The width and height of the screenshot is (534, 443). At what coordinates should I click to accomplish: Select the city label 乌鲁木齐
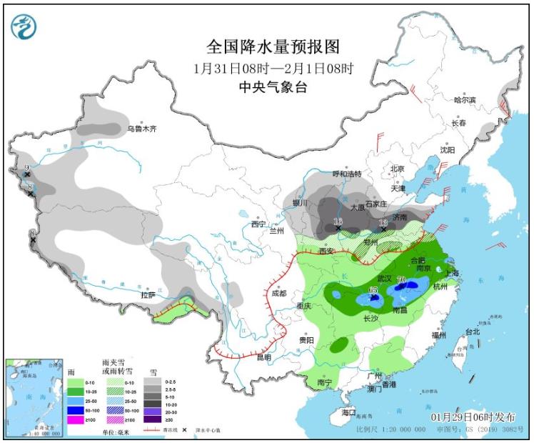click(141, 129)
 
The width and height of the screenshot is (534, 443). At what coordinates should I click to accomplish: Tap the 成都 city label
click(278, 293)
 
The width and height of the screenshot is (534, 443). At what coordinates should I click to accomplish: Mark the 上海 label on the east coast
click(451, 273)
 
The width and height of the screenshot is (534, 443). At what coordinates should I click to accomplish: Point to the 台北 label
click(473, 332)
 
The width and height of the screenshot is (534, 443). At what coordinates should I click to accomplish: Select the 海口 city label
click(348, 414)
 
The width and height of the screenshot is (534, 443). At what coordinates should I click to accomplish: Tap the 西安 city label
click(327, 251)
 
